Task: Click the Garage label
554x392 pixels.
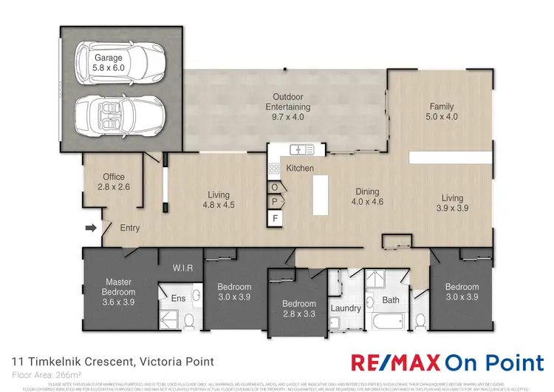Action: click(108, 61)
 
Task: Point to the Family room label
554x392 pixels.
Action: click(442, 111)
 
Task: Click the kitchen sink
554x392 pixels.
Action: click(302, 149)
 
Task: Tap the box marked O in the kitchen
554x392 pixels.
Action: click(275, 187)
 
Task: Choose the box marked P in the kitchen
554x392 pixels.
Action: click(276, 202)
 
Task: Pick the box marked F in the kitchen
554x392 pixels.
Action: click(276, 218)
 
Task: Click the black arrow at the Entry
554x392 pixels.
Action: click(91, 229)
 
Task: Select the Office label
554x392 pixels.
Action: click(113, 182)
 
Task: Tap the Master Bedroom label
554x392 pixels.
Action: click(118, 287)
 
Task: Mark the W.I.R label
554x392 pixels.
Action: click(182, 268)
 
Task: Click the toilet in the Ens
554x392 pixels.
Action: click(188, 320)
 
